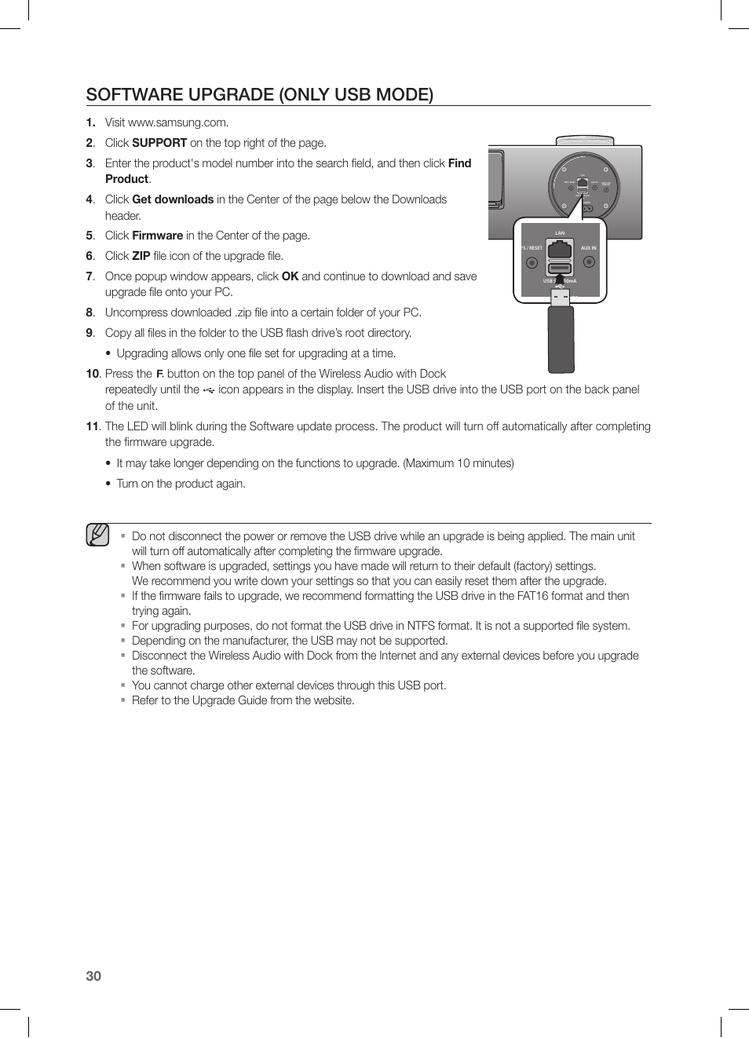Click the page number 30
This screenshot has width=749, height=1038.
coord(93,976)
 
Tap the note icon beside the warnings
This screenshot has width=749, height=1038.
coord(98,535)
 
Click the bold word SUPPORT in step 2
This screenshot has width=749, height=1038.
coord(159,143)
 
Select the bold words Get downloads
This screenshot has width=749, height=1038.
coord(173,199)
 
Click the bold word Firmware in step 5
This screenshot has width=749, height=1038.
coord(157,236)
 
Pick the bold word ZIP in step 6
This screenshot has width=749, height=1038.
coord(141,256)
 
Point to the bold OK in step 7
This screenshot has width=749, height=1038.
coord(290,276)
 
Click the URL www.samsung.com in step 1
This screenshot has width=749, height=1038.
coord(177,122)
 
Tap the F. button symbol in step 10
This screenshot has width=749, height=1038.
coord(159,375)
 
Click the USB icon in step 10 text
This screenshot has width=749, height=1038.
coord(209,390)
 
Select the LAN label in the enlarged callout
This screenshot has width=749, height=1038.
coord(560,233)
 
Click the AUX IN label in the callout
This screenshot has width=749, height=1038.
coord(588,248)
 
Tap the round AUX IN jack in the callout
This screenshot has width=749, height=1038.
coord(589,262)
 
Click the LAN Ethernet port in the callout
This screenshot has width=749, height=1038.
coord(560,251)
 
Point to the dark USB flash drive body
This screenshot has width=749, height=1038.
coord(561,339)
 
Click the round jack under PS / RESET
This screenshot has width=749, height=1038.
coord(532,262)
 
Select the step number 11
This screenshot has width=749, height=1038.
coord(93,426)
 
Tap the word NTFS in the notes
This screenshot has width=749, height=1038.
coord(421,626)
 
